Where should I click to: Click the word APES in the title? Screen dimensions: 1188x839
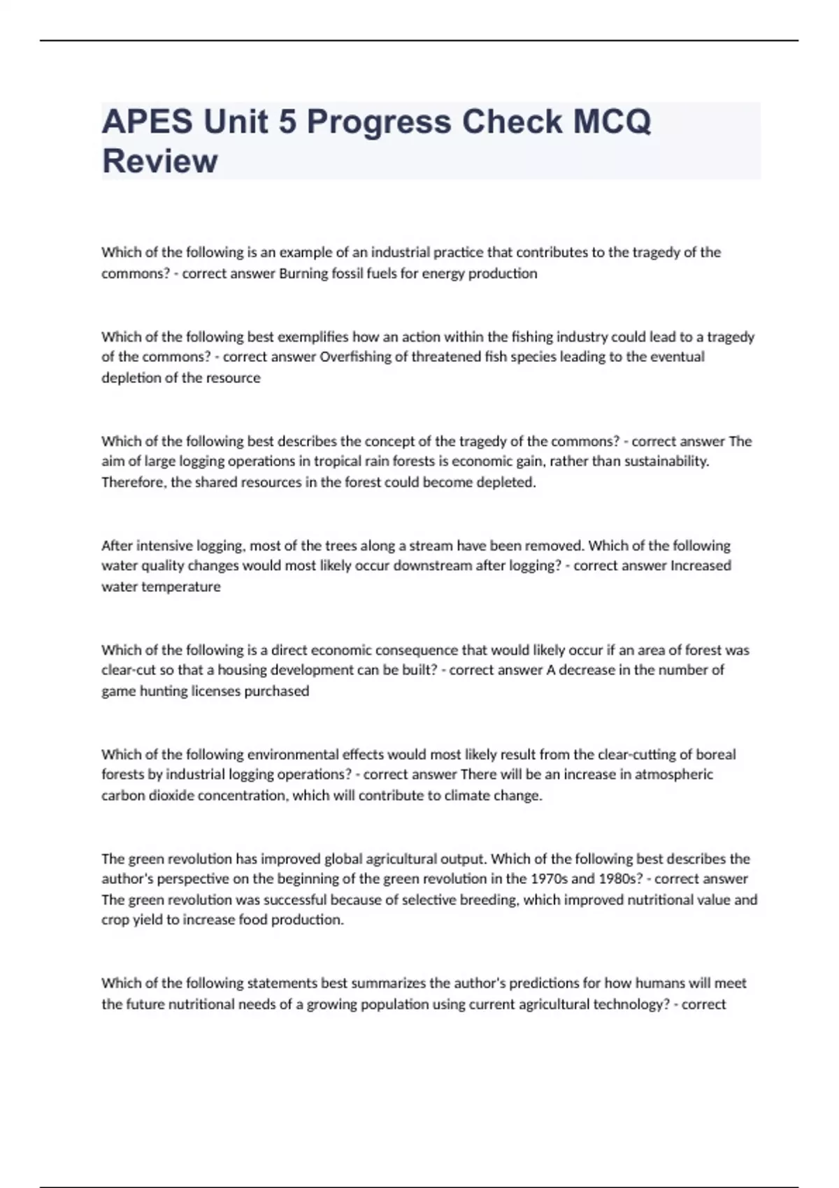click(147, 122)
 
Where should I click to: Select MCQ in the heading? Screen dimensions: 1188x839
click(612, 122)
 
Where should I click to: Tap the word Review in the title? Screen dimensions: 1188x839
click(160, 161)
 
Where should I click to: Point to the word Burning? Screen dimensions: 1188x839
click(302, 273)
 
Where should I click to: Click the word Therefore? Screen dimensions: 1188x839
click(133, 482)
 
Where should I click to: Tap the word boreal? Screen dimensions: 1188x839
click(715, 754)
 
